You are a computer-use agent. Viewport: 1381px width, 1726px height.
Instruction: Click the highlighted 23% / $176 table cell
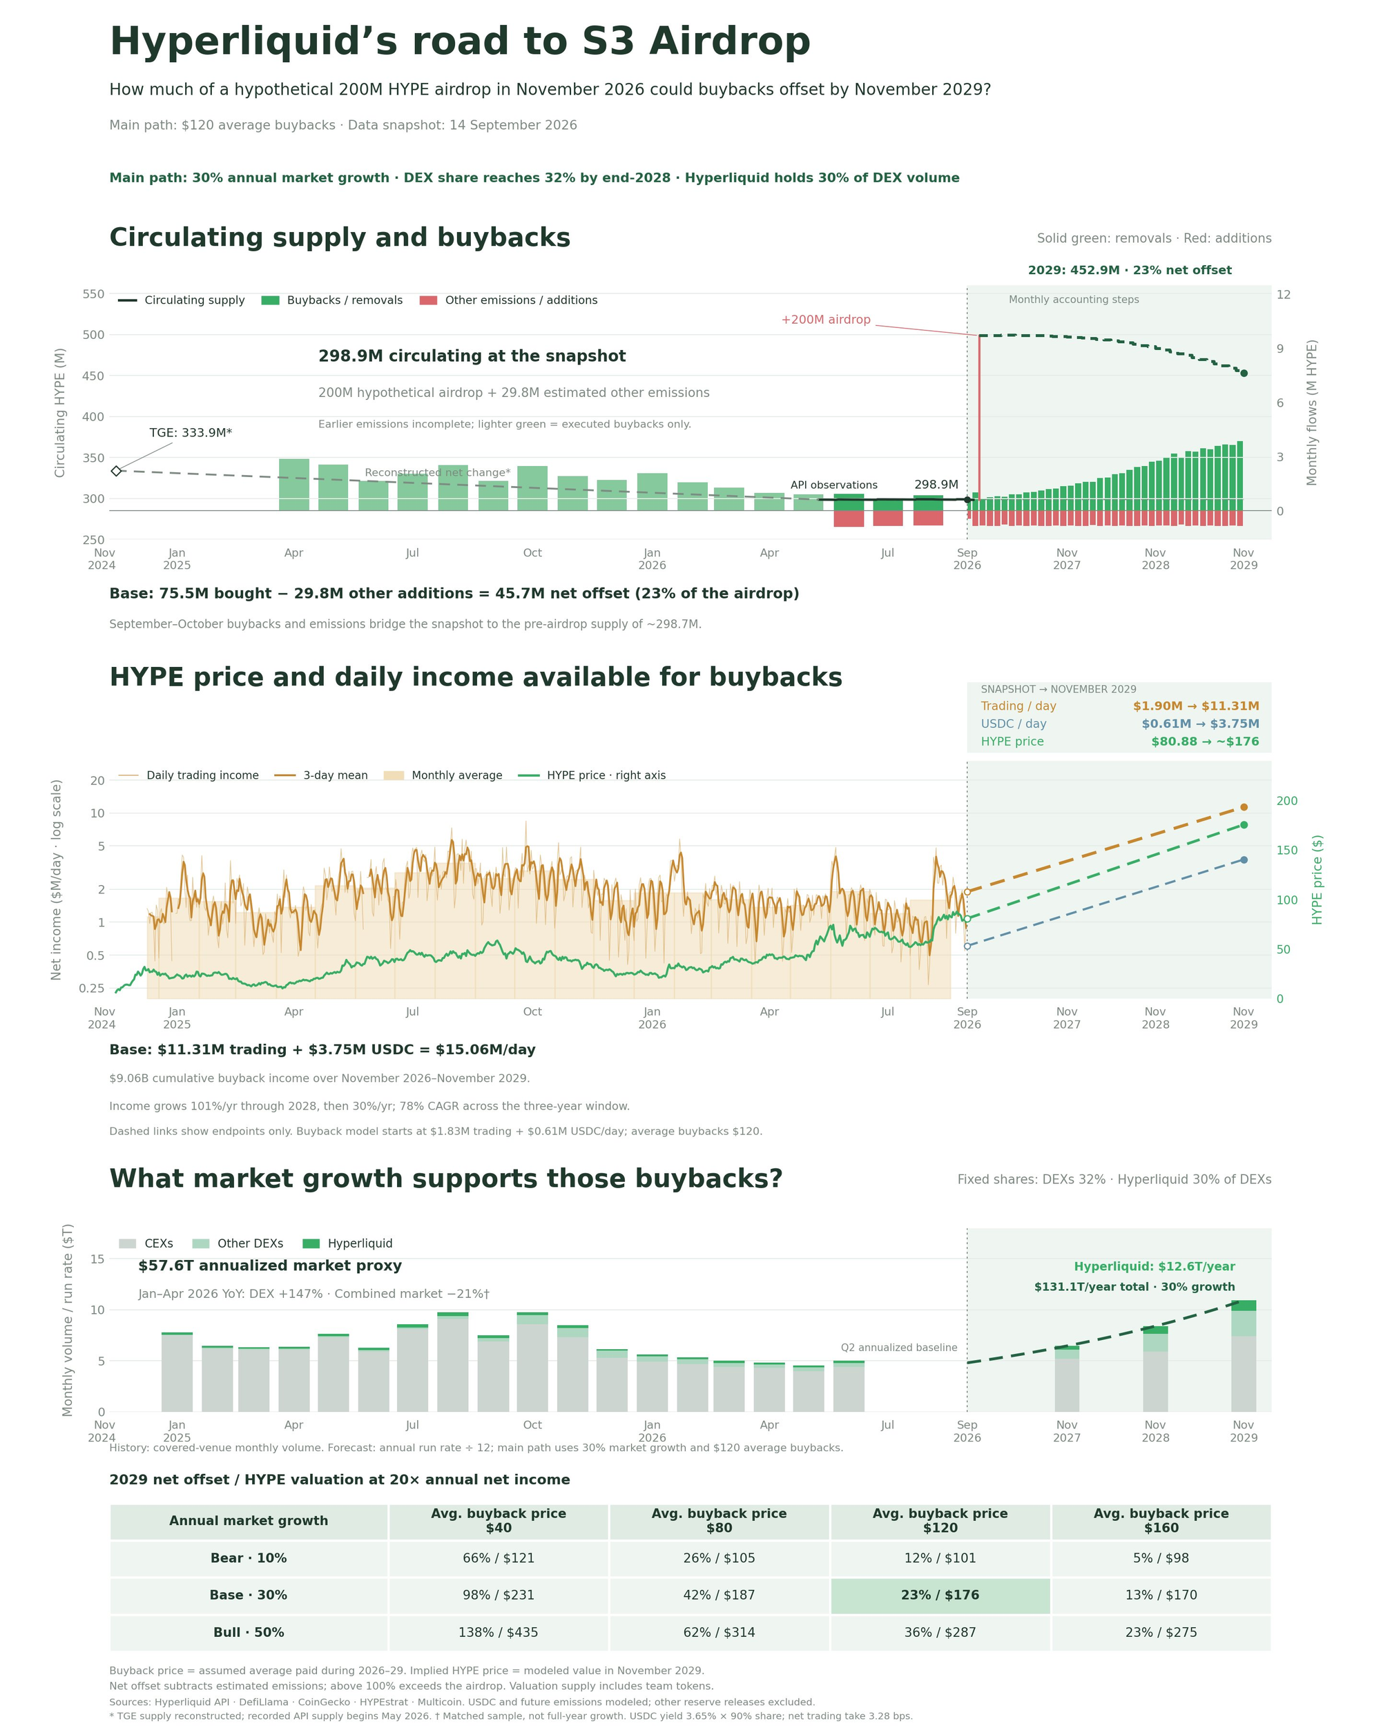pos(940,1595)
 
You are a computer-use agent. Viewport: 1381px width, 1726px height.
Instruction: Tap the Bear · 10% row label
pos(248,1558)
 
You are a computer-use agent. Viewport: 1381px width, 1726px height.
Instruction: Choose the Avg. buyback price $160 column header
pos(1161,1520)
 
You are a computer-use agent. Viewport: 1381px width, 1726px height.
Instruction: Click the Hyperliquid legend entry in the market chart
pos(347,1243)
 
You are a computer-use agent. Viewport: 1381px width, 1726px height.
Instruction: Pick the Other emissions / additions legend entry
pos(508,300)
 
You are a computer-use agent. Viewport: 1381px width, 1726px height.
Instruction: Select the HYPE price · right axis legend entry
pos(592,775)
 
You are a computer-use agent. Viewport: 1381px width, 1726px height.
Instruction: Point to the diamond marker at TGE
pos(116,471)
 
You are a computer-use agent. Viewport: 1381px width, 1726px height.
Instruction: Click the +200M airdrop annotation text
pos(825,320)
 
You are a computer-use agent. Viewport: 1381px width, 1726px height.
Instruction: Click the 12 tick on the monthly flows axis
pos(1284,295)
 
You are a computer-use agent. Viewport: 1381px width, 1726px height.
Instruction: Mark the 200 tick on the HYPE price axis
pos(1286,801)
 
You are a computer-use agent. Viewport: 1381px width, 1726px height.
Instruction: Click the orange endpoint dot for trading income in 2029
pos(1244,807)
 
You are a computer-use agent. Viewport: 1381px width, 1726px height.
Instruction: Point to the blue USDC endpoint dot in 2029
pos(1244,860)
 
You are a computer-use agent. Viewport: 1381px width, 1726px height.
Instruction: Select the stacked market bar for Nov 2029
pos(1244,1355)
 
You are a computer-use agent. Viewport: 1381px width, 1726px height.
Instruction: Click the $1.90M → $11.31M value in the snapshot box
pos(1195,706)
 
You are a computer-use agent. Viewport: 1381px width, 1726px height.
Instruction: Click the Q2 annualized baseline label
pos(898,1348)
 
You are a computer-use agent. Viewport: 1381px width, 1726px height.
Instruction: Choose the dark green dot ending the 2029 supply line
pos(1244,373)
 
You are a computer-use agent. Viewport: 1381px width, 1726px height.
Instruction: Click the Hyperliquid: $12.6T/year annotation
pos(1154,1266)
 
